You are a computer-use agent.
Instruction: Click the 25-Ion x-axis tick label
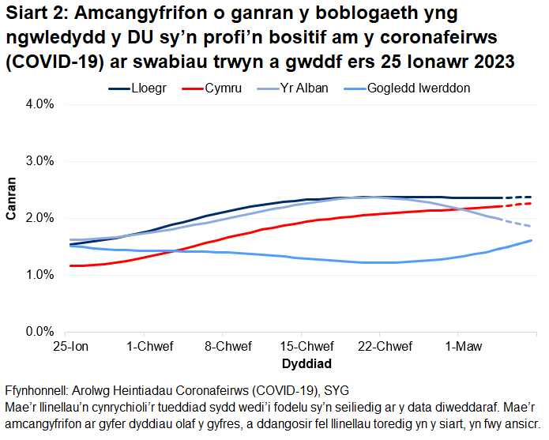coord(70,347)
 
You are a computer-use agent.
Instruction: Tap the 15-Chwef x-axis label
coord(306,347)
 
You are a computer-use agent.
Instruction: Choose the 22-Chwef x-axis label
coord(384,347)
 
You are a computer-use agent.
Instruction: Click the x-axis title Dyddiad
coord(306,364)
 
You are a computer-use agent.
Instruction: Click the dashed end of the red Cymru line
coord(517,205)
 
